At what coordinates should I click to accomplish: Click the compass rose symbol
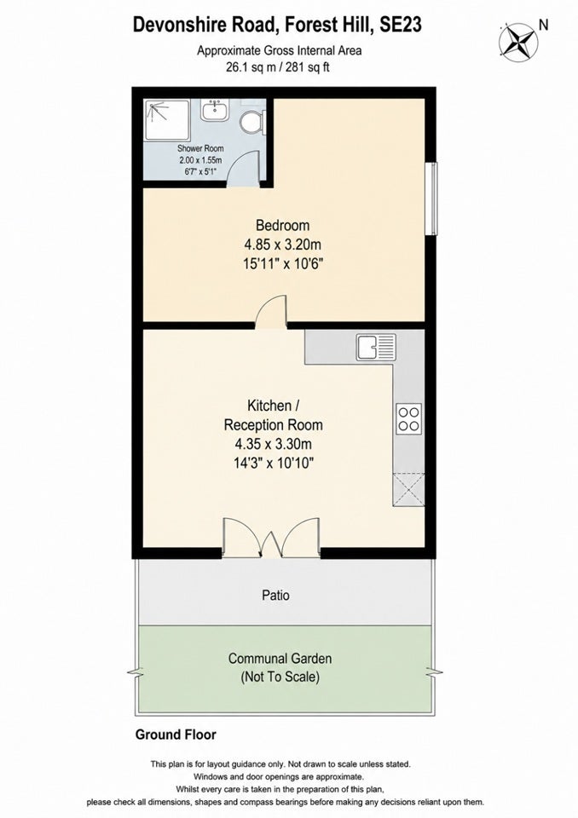click(518, 41)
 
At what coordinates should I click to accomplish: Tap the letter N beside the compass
click(544, 25)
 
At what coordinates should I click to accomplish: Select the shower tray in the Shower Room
click(167, 120)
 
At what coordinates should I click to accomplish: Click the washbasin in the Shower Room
click(214, 111)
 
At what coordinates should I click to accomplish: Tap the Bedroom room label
click(282, 225)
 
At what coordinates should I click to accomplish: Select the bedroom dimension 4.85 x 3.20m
click(282, 245)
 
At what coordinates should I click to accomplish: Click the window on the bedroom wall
click(431, 199)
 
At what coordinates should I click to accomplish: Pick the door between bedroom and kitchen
click(271, 312)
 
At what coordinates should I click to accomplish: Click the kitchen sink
click(376, 348)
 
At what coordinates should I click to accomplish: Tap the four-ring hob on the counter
click(408, 418)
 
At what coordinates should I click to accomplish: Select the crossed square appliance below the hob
click(408, 489)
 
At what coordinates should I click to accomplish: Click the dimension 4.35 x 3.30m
click(273, 444)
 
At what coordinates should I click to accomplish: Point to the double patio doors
click(271, 538)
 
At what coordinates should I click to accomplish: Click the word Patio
click(275, 596)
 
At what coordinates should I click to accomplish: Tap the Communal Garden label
click(280, 659)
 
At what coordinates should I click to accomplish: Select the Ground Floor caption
click(176, 734)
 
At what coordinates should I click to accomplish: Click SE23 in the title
click(401, 25)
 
